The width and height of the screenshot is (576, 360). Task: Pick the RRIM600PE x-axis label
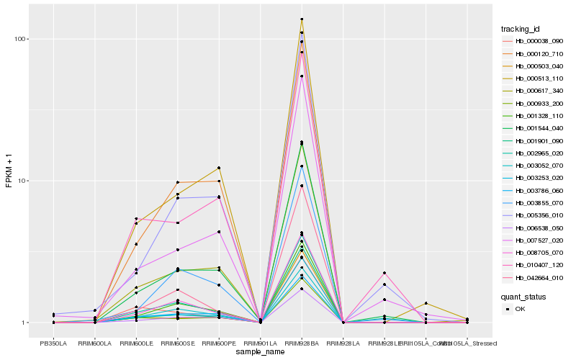point(219,344)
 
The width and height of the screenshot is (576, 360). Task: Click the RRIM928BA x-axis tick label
point(302,344)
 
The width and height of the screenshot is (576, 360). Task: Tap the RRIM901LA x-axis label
point(260,344)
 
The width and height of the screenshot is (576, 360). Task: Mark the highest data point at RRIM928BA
point(302,19)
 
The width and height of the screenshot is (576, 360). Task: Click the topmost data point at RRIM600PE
point(219,168)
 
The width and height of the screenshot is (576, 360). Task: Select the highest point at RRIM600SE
point(177,182)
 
